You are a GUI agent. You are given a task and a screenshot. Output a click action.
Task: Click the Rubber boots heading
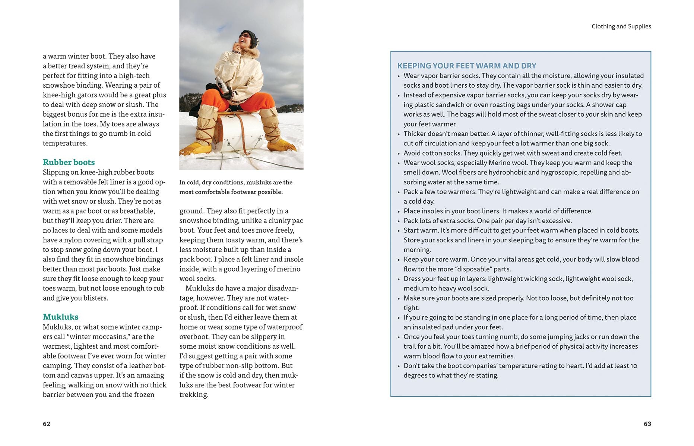pyautogui.click(x=69, y=162)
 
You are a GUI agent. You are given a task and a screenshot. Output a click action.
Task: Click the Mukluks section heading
pyautogui.click(x=60, y=317)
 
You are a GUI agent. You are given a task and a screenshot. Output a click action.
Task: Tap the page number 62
pyautogui.click(x=47, y=424)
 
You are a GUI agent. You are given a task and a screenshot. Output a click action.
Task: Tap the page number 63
pyautogui.click(x=647, y=424)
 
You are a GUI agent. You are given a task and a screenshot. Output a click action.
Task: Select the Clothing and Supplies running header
pyautogui.click(x=621, y=26)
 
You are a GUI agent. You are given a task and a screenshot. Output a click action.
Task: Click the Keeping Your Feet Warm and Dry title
pyautogui.click(x=466, y=66)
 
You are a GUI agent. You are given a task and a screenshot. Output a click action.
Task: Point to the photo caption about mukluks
pyautogui.click(x=235, y=187)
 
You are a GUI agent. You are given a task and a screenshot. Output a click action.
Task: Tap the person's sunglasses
pyautogui.click(x=245, y=36)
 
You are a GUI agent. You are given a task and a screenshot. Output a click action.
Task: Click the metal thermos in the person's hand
pyautogui.click(x=222, y=85)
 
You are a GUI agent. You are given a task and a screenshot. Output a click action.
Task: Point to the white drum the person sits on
pyautogui.click(x=240, y=132)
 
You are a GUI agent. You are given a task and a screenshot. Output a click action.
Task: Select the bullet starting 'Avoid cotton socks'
pyautogui.click(x=513, y=153)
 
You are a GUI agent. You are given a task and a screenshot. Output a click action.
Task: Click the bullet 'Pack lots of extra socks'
pyautogui.click(x=487, y=221)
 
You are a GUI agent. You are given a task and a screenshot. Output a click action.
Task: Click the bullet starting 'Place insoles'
pyautogui.click(x=498, y=211)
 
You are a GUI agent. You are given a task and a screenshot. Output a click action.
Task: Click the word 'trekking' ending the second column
pyautogui.click(x=193, y=395)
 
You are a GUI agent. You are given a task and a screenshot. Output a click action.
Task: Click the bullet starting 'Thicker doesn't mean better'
pyautogui.click(x=522, y=138)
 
